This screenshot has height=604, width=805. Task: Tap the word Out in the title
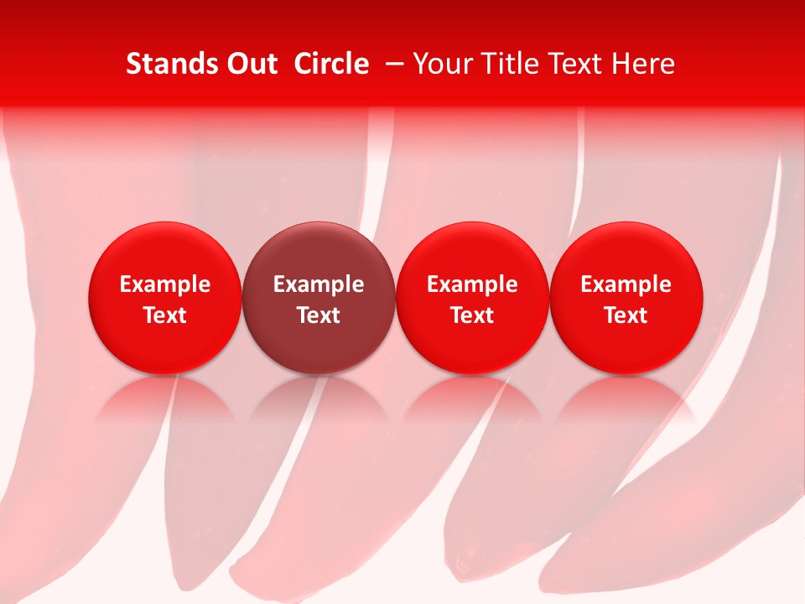[x=249, y=64]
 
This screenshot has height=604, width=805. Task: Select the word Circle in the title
[x=331, y=64]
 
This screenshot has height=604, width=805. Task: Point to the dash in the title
[x=391, y=64]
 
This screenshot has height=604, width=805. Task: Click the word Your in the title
[x=440, y=64]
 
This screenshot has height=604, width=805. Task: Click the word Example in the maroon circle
[x=319, y=284]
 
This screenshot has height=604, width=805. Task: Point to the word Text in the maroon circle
[x=319, y=315]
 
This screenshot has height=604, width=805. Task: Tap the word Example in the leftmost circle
[x=165, y=284]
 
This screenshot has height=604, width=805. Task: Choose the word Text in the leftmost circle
[x=165, y=315]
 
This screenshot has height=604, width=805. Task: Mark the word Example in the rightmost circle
[x=626, y=284]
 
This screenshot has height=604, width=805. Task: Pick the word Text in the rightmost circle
[x=626, y=315]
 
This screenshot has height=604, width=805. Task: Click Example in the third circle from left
[x=472, y=284]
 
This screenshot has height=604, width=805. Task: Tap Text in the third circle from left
[x=472, y=315]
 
